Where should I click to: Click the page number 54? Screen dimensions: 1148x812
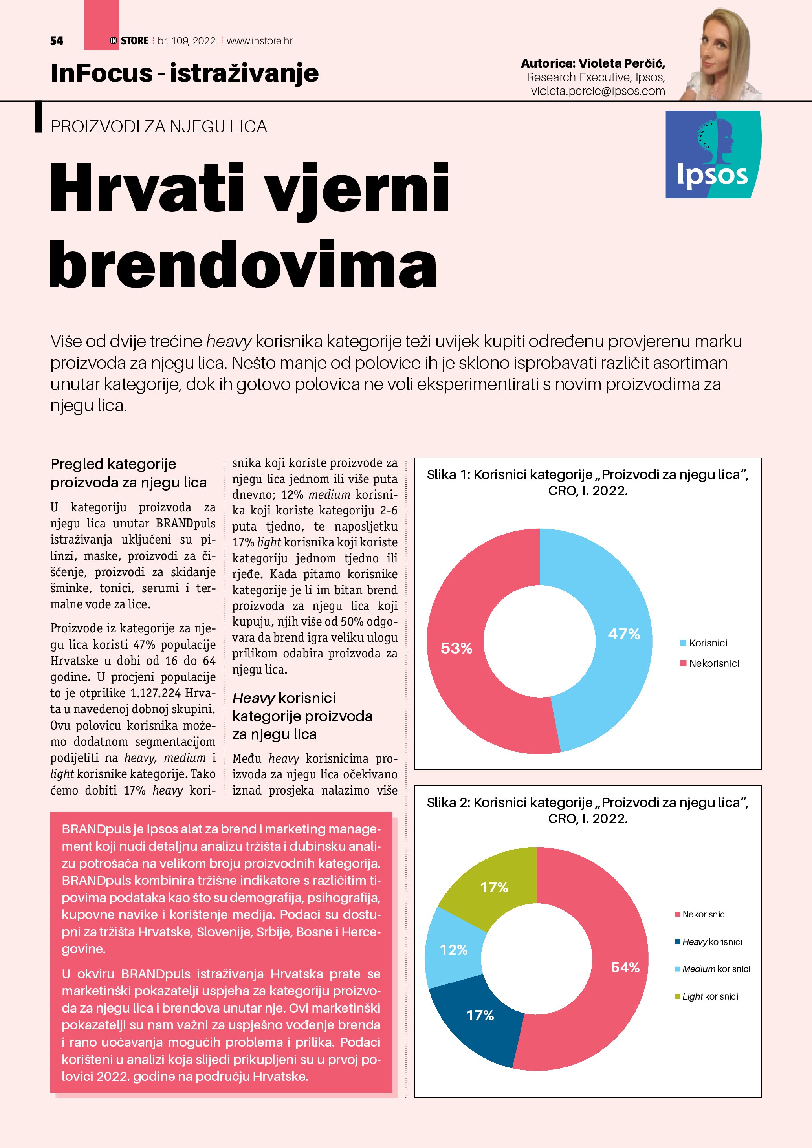click(x=57, y=41)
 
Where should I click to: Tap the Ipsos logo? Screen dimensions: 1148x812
click(x=713, y=154)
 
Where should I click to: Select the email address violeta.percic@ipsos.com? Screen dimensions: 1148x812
click(x=598, y=91)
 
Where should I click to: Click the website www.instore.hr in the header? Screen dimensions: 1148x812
click(x=260, y=41)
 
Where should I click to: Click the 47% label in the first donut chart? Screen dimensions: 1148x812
click(x=623, y=634)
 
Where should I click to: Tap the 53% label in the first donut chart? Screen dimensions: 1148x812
click(x=456, y=648)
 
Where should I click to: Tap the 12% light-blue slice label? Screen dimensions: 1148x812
click(x=453, y=950)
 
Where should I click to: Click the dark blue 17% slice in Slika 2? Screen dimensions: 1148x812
click(x=480, y=1015)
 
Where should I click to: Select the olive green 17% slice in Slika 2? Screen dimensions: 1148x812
click(x=494, y=887)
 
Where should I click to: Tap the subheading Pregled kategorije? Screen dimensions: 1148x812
click(x=114, y=464)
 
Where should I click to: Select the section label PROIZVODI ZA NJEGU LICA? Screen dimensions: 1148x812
click(x=158, y=126)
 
